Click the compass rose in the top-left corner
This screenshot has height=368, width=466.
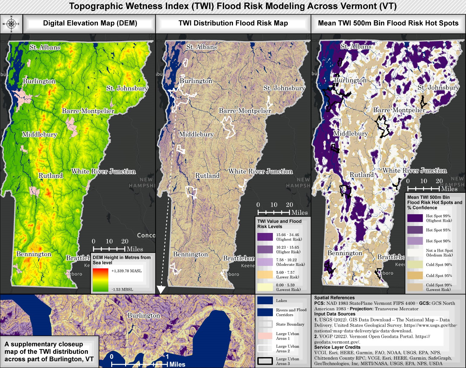(x=11, y=24)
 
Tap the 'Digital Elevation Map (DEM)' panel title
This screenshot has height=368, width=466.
(x=90, y=23)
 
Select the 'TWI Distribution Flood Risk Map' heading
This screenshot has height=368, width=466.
(x=233, y=23)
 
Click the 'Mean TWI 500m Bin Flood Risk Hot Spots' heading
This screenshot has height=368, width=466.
(x=388, y=23)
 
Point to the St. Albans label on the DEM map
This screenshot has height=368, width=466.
(x=45, y=47)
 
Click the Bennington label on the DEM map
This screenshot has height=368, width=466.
(x=34, y=254)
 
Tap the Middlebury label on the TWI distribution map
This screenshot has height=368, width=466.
(x=196, y=134)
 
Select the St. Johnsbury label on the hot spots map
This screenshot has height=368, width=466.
(x=438, y=88)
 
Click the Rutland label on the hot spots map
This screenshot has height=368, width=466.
(x=361, y=175)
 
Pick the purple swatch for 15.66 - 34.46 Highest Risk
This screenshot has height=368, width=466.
(x=265, y=237)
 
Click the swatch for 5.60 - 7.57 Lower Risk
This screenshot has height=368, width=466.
(x=265, y=275)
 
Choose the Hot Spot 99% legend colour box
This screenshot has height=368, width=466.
(x=415, y=218)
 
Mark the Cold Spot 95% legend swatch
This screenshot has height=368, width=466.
(x=415, y=276)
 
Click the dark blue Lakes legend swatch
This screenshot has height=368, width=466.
(x=265, y=301)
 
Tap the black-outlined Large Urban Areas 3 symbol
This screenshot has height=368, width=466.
(x=265, y=361)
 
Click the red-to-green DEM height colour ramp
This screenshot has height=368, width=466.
(x=100, y=280)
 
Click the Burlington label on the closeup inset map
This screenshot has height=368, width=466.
(x=144, y=315)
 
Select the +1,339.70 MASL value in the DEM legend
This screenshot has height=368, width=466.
(x=126, y=271)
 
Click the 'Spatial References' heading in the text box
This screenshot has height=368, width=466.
(x=334, y=298)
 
